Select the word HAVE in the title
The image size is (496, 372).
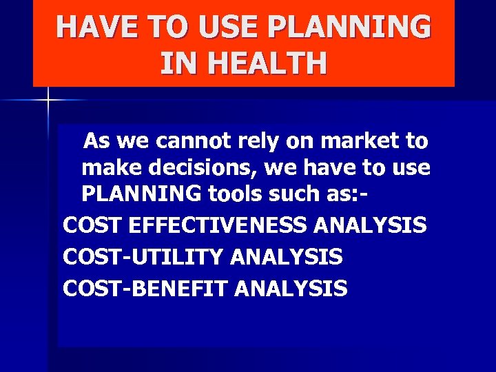tap(96, 28)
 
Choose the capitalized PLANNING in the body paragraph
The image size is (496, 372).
tap(139, 194)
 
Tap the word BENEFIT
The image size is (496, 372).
tap(185, 288)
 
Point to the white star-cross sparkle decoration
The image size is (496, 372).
tap(49, 101)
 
